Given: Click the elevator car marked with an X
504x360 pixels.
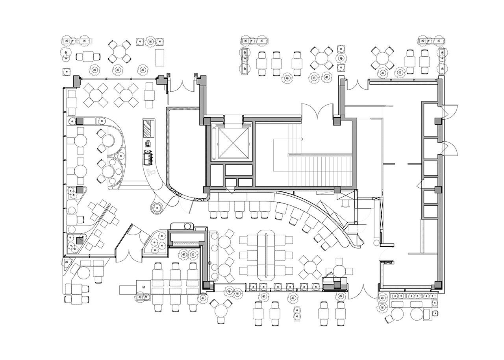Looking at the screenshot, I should coord(234,144).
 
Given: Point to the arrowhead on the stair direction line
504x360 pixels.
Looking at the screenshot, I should coord(302,139).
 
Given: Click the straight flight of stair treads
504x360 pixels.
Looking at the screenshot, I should coord(320,170).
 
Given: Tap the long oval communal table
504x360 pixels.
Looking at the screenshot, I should coord(266,256).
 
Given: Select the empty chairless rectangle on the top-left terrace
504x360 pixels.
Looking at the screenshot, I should coord(159,57).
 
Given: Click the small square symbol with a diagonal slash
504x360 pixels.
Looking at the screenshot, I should coord(144,286).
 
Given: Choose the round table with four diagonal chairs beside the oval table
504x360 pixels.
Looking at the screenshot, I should coord(310,267).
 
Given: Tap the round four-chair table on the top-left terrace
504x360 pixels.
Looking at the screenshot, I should coord(119,52).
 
